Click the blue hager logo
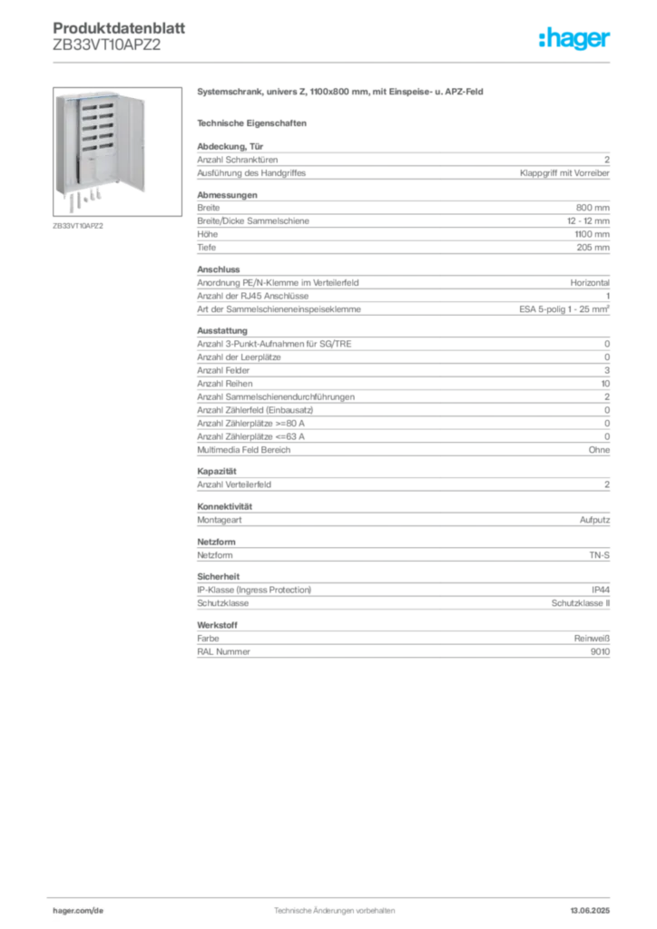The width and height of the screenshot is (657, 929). pos(575,39)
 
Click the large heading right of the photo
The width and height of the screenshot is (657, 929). pos(340,93)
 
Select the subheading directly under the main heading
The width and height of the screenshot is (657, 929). pos(254,122)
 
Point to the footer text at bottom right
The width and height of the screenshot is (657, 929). pos(594,907)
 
